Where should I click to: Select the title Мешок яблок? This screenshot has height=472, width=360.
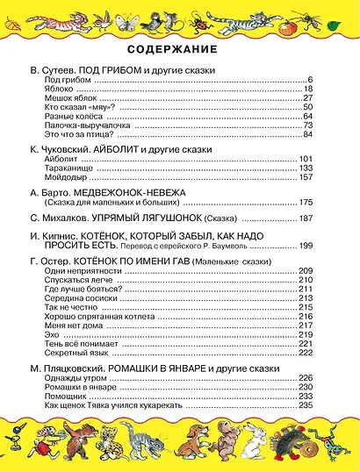69,98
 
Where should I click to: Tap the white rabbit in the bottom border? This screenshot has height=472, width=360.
256,439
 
